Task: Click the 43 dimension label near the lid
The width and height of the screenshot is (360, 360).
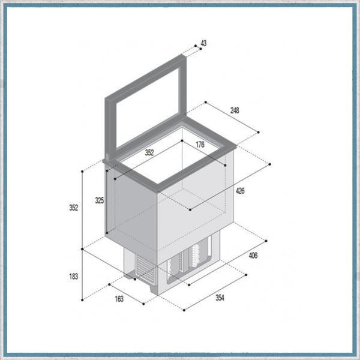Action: (203, 43)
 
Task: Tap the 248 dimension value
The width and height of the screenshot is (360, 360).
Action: (234, 110)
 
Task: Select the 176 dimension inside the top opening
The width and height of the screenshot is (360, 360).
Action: (200, 144)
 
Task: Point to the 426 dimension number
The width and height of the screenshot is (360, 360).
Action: (239, 191)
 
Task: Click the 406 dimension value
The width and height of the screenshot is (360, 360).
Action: (253, 256)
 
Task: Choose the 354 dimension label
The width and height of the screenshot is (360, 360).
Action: (221, 298)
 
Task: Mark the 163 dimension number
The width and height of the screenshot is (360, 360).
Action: (119, 299)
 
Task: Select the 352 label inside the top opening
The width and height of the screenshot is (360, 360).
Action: (149, 152)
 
